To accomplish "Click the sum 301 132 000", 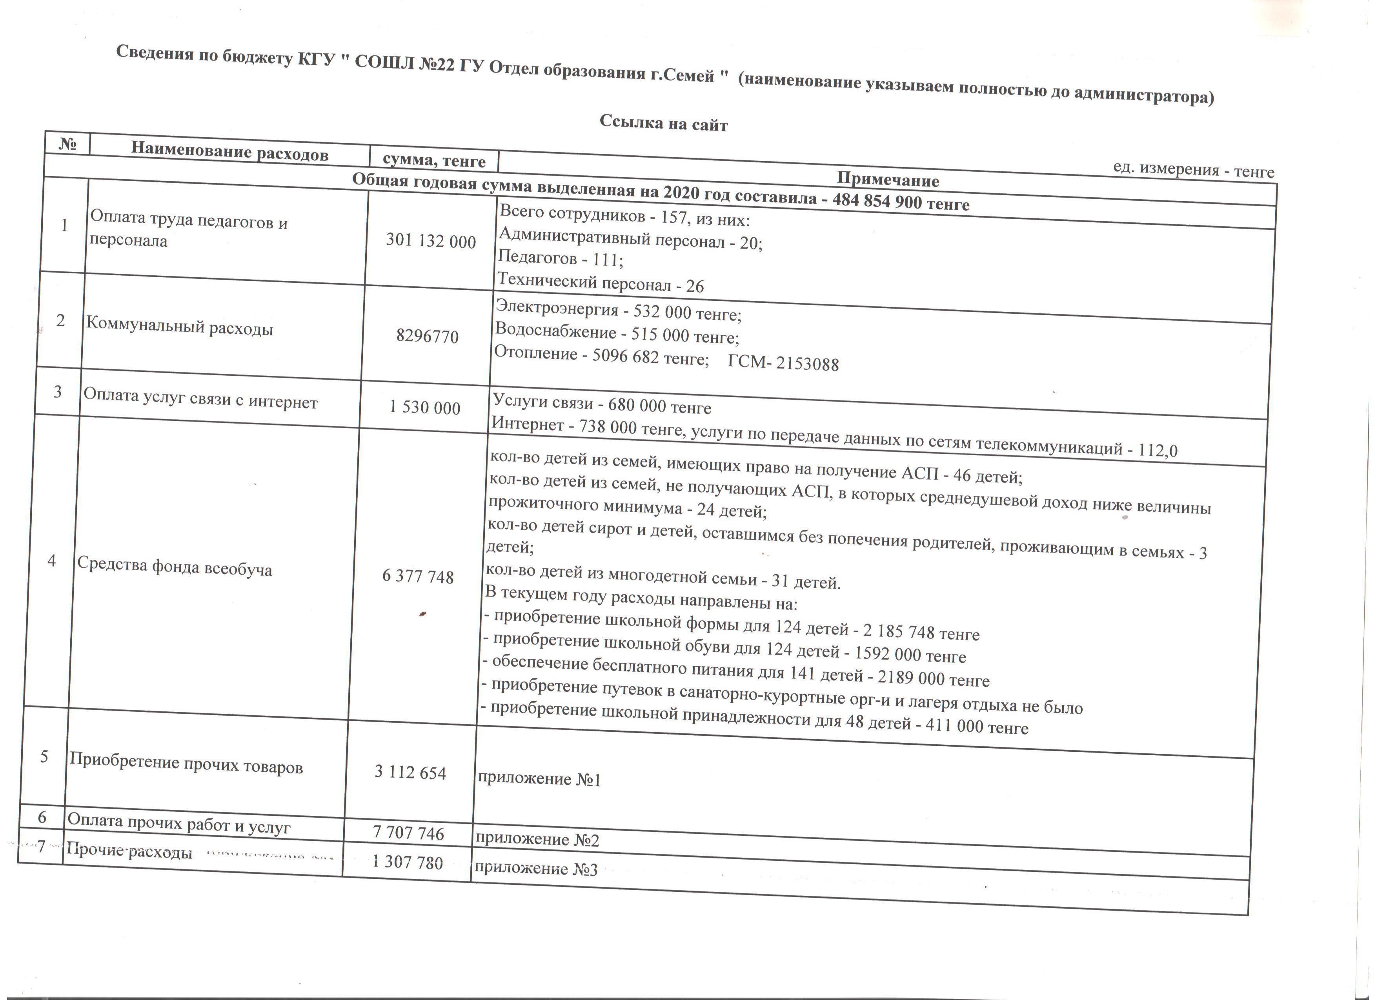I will coord(431,241).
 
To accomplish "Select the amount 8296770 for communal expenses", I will coord(427,336).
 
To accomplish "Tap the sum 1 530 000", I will coord(425,407).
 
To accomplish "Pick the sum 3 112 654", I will coord(410,773).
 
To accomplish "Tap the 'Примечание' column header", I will coord(888,180).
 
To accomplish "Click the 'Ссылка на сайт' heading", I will coord(663,123).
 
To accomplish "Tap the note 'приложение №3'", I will coord(536,869).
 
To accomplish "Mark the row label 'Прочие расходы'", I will coord(129,851).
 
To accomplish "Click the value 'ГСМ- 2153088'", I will coord(783,363).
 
